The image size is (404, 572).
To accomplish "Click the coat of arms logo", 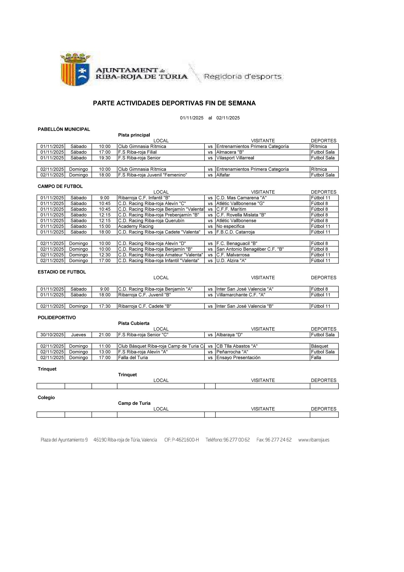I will point(75,69).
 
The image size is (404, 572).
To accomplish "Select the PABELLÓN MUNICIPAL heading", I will point(64,129).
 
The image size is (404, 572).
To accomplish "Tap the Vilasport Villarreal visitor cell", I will point(235,158).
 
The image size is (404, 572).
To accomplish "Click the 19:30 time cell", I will point(104,158).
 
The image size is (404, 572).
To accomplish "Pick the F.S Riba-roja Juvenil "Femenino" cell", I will point(152,175).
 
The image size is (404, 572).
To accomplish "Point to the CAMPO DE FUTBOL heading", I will point(60,186).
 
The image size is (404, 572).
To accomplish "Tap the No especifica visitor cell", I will point(230,227).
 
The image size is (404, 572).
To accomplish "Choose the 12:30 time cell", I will point(104,255).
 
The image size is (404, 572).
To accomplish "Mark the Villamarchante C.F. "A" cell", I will point(241,295).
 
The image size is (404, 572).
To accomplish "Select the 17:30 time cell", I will point(104,306).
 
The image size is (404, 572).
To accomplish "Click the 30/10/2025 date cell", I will point(51,335).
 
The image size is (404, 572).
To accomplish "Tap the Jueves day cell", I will point(78,335).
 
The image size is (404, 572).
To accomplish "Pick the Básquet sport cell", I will point(319,346).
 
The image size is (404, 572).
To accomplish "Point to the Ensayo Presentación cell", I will point(238,358).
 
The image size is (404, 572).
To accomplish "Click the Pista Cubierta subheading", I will point(134,323).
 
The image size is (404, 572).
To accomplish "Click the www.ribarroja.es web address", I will point(314,440).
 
